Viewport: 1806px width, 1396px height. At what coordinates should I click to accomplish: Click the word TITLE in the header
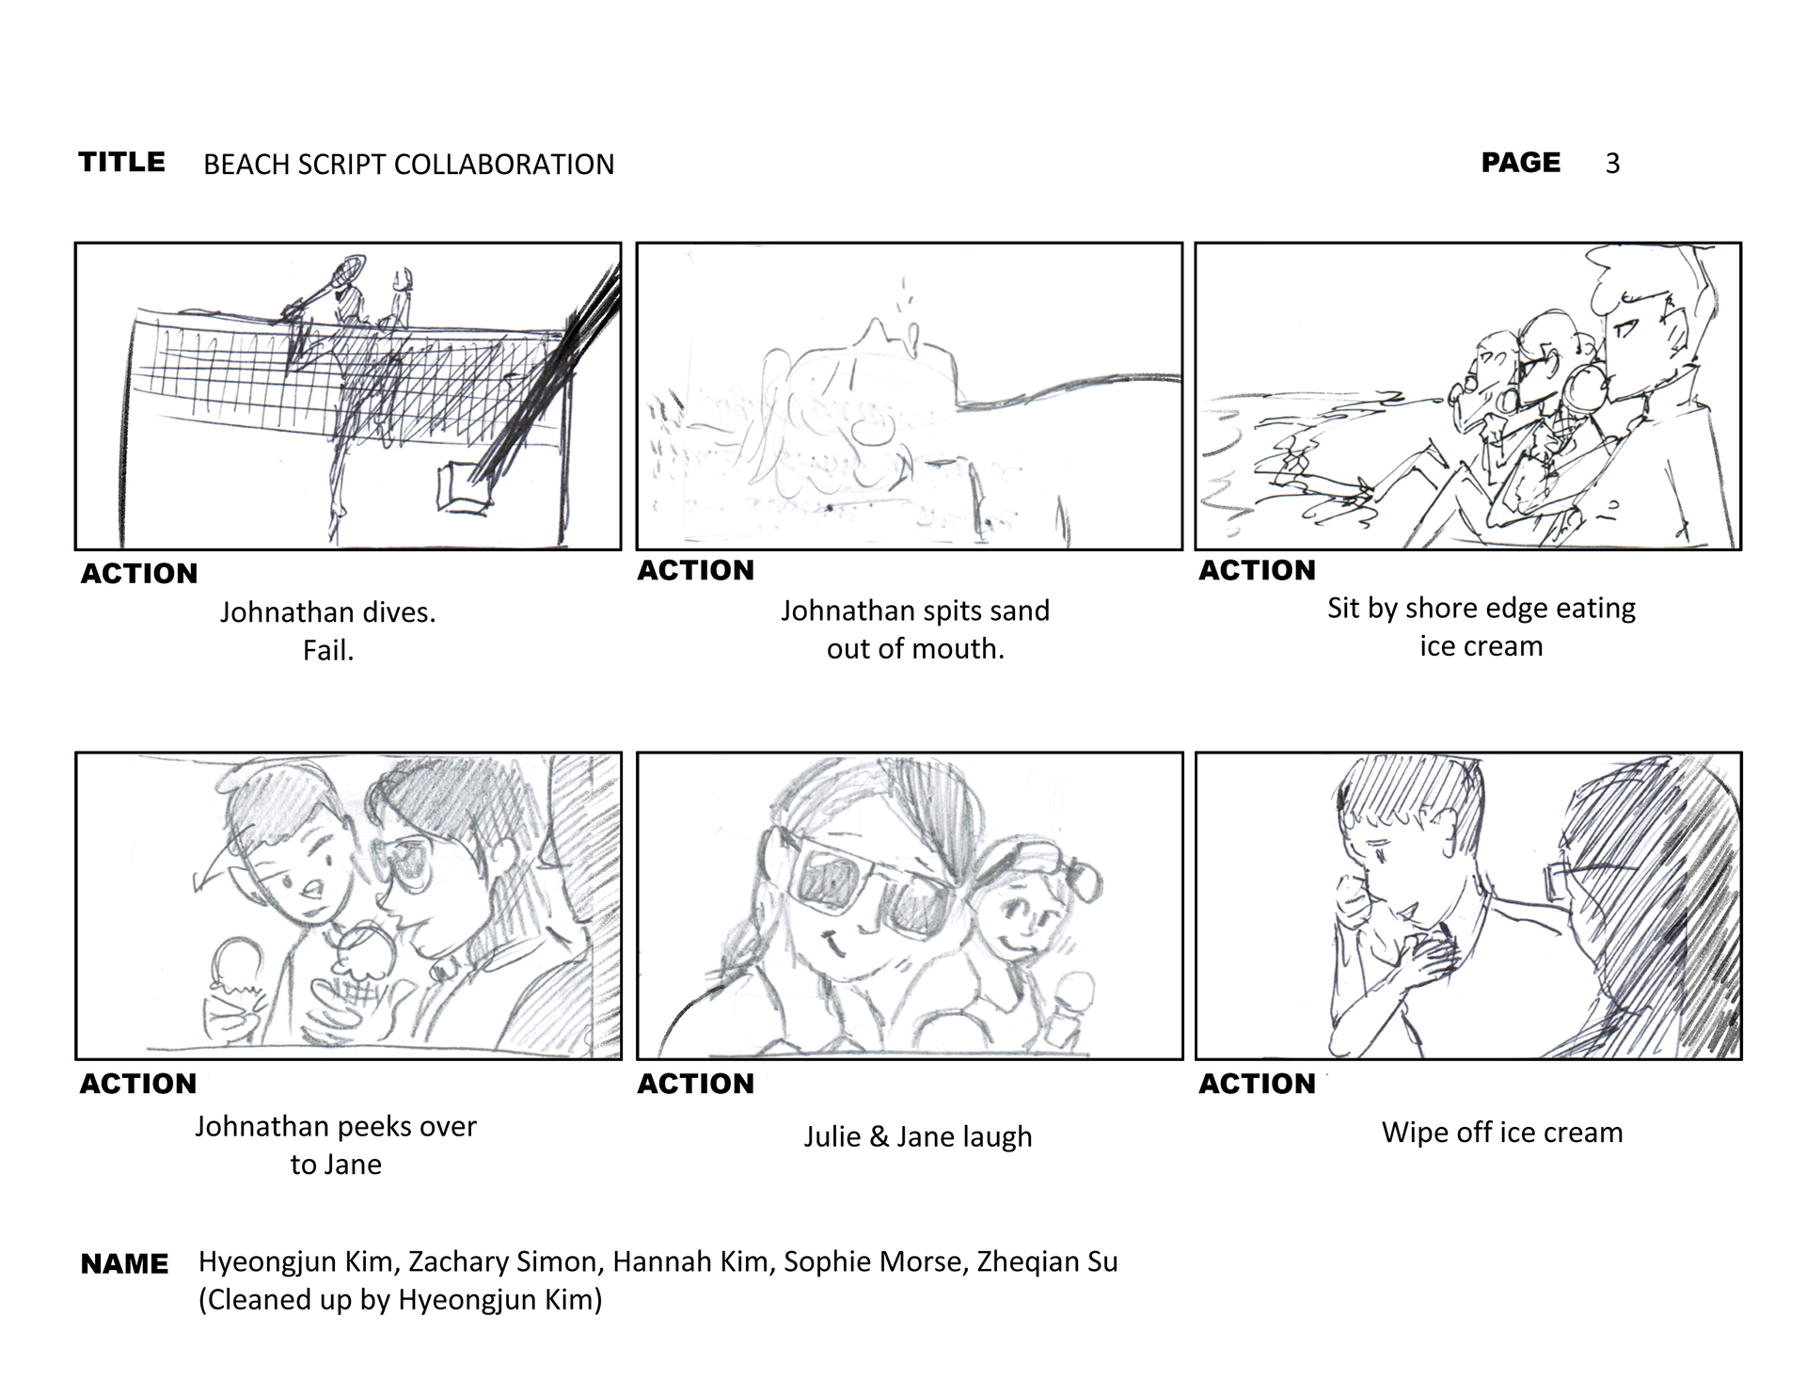[x=121, y=162]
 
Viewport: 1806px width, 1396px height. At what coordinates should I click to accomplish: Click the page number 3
[x=1612, y=164]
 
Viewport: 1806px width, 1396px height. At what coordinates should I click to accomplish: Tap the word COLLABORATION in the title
[x=503, y=165]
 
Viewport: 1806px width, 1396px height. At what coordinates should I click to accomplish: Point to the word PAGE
[x=1520, y=163]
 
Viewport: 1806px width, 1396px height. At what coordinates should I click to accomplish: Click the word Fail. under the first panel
[x=328, y=651]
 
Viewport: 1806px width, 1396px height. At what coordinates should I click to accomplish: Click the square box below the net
[x=463, y=486]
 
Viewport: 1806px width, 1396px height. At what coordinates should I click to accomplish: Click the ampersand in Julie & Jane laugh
[x=879, y=1137]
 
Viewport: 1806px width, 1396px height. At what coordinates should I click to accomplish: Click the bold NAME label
[x=124, y=1264]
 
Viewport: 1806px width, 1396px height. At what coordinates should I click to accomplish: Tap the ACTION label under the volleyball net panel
[x=139, y=574]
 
